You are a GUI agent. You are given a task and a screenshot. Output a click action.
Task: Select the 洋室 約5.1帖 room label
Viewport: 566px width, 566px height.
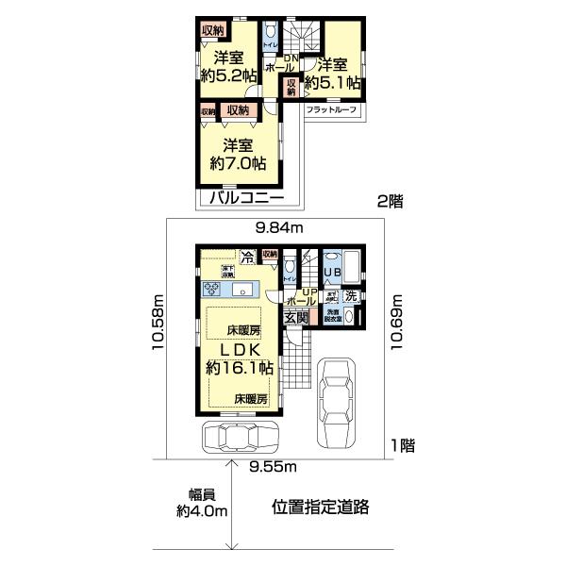337,74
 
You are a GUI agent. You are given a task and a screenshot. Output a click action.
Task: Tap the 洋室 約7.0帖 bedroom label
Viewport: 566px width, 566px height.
238,154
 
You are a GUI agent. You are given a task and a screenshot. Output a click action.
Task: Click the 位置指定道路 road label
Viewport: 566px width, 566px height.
320,507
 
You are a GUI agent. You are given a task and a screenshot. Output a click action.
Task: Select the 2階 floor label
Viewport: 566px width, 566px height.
391,200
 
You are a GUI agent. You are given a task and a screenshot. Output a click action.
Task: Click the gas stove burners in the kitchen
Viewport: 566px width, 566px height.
210,288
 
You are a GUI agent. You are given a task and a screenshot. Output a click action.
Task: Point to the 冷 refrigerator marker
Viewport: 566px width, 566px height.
247,256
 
